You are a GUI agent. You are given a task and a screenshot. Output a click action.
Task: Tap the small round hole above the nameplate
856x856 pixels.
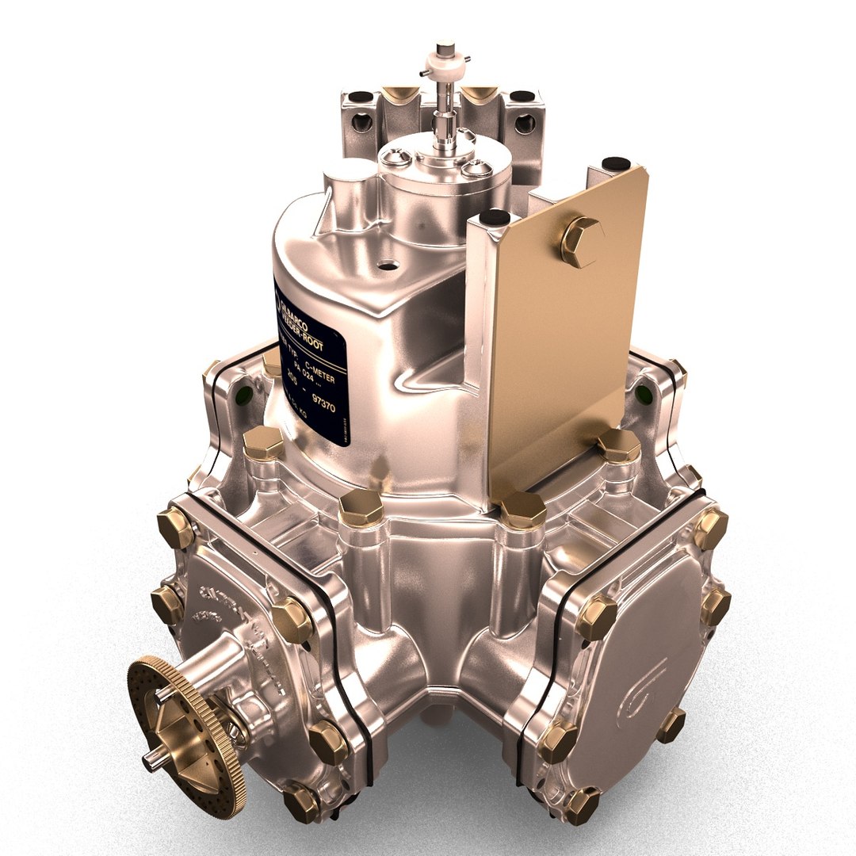coord(387,265)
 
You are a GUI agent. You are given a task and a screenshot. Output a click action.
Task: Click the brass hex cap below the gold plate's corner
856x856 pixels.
coord(522,510)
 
